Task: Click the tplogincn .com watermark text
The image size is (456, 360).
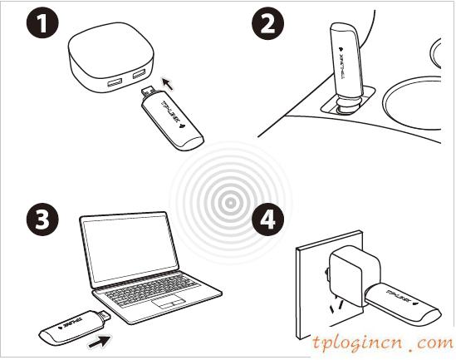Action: coord(381,341)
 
